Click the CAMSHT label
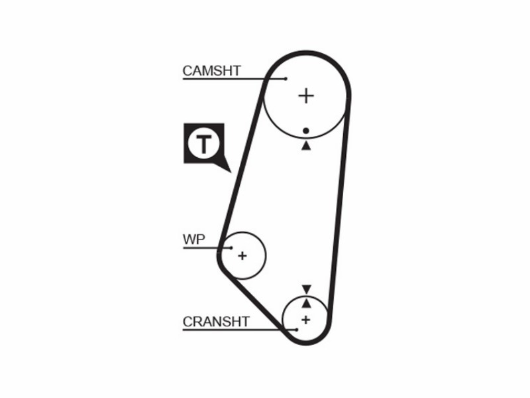[x=211, y=71]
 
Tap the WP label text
[x=193, y=239]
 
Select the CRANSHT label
[x=216, y=322]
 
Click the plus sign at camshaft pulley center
[x=306, y=96]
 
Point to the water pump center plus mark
[x=242, y=256]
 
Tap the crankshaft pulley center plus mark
[x=306, y=320]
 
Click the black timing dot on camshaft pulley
[x=306, y=131]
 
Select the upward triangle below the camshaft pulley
[x=306, y=145]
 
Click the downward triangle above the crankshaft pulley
[x=306, y=289]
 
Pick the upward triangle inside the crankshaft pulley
[x=306, y=303]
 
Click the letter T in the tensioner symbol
[x=204, y=144]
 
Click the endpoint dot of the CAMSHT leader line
[x=286, y=79]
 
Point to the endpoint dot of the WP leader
[x=231, y=247]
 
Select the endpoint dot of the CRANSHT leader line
[x=296, y=330]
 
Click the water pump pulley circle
[x=266, y=256]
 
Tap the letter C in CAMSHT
[x=187, y=71]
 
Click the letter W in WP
[x=189, y=239]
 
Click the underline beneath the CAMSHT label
[x=235, y=79]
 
